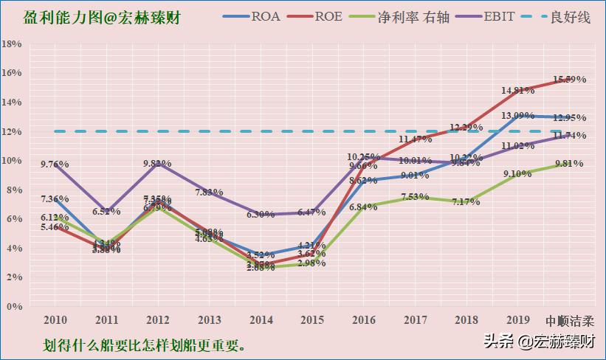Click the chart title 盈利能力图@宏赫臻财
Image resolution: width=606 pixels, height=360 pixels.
tap(103, 16)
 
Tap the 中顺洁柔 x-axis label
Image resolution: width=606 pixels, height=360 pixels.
tap(569, 321)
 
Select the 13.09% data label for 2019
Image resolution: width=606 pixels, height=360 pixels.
tap(517, 116)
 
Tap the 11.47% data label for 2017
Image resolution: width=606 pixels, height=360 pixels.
tap(415, 139)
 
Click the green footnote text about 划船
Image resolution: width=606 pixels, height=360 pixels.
tap(144, 345)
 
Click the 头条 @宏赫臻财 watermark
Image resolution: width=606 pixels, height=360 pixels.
tap(540, 342)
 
